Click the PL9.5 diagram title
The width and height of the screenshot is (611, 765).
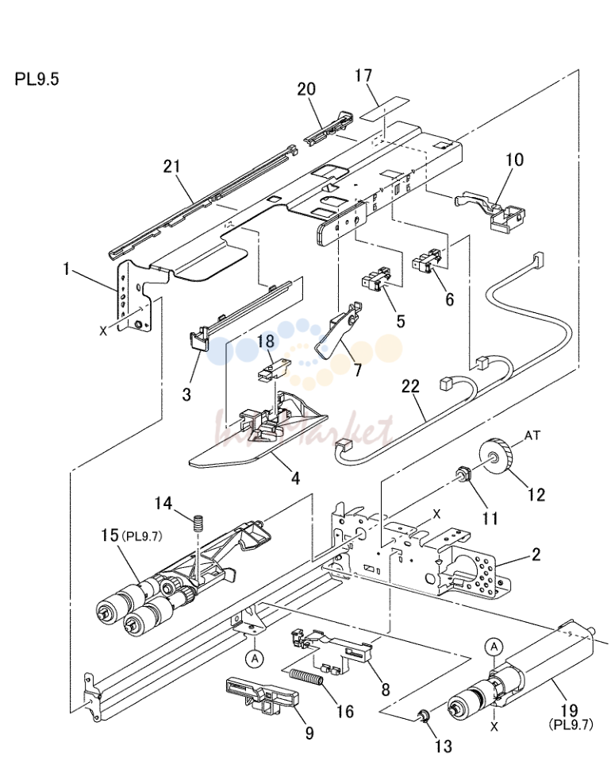coord(37,79)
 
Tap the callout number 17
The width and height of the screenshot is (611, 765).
coord(363,75)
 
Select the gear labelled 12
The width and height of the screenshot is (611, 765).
coord(496,456)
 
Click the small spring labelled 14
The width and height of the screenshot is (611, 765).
coord(198,524)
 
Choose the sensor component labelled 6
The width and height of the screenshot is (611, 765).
coord(428,259)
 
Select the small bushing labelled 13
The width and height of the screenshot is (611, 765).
coord(423,716)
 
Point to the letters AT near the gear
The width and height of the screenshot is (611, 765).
coord(532,435)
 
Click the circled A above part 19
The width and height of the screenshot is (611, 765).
coord(494,647)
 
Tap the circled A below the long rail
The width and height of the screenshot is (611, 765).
coord(255,659)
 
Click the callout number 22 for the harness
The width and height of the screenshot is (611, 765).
coord(410,386)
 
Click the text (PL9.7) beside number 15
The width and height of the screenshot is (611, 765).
coord(142,536)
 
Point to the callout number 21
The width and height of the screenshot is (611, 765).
coord(171,166)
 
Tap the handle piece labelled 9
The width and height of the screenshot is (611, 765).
coord(263,696)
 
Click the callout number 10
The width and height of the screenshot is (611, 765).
coord(514,160)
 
